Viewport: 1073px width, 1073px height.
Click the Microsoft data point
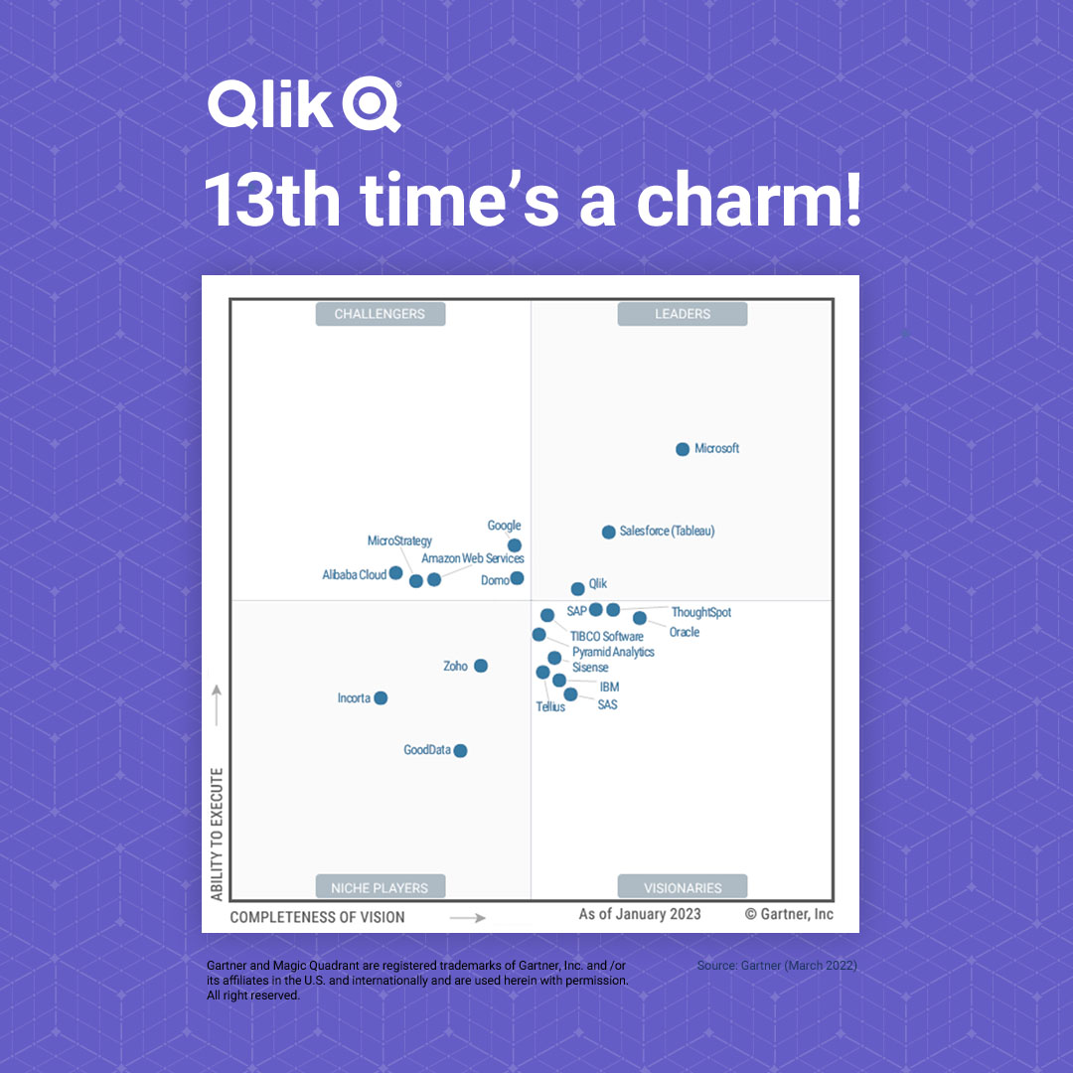(x=683, y=449)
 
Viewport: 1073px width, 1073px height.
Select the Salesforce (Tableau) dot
(x=609, y=533)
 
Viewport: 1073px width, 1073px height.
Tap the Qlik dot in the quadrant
(x=578, y=589)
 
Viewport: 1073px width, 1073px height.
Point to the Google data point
(x=515, y=545)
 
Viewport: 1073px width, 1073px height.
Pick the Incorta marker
(x=381, y=698)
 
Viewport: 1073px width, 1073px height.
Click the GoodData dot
(x=460, y=751)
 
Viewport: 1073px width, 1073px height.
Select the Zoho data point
(x=481, y=666)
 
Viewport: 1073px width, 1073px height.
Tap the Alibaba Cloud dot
(x=395, y=573)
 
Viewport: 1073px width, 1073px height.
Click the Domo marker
(x=517, y=578)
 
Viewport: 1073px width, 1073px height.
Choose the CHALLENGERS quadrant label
(x=381, y=314)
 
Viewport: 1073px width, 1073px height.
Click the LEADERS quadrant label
(x=683, y=314)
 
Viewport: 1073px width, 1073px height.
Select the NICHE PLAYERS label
(x=381, y=887)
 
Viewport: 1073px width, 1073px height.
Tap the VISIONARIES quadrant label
(x=683, y=887)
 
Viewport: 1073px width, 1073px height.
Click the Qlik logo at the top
(x=304, y=105)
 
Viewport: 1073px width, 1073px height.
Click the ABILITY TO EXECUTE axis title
(x=217, y=834)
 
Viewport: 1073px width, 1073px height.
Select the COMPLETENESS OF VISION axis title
(x=318, y=917)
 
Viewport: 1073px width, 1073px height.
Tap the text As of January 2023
(x=640, y=914)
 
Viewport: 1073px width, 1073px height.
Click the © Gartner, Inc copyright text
(x=790, y=914)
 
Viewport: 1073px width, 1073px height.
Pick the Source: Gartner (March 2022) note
(x=777, y=966)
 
